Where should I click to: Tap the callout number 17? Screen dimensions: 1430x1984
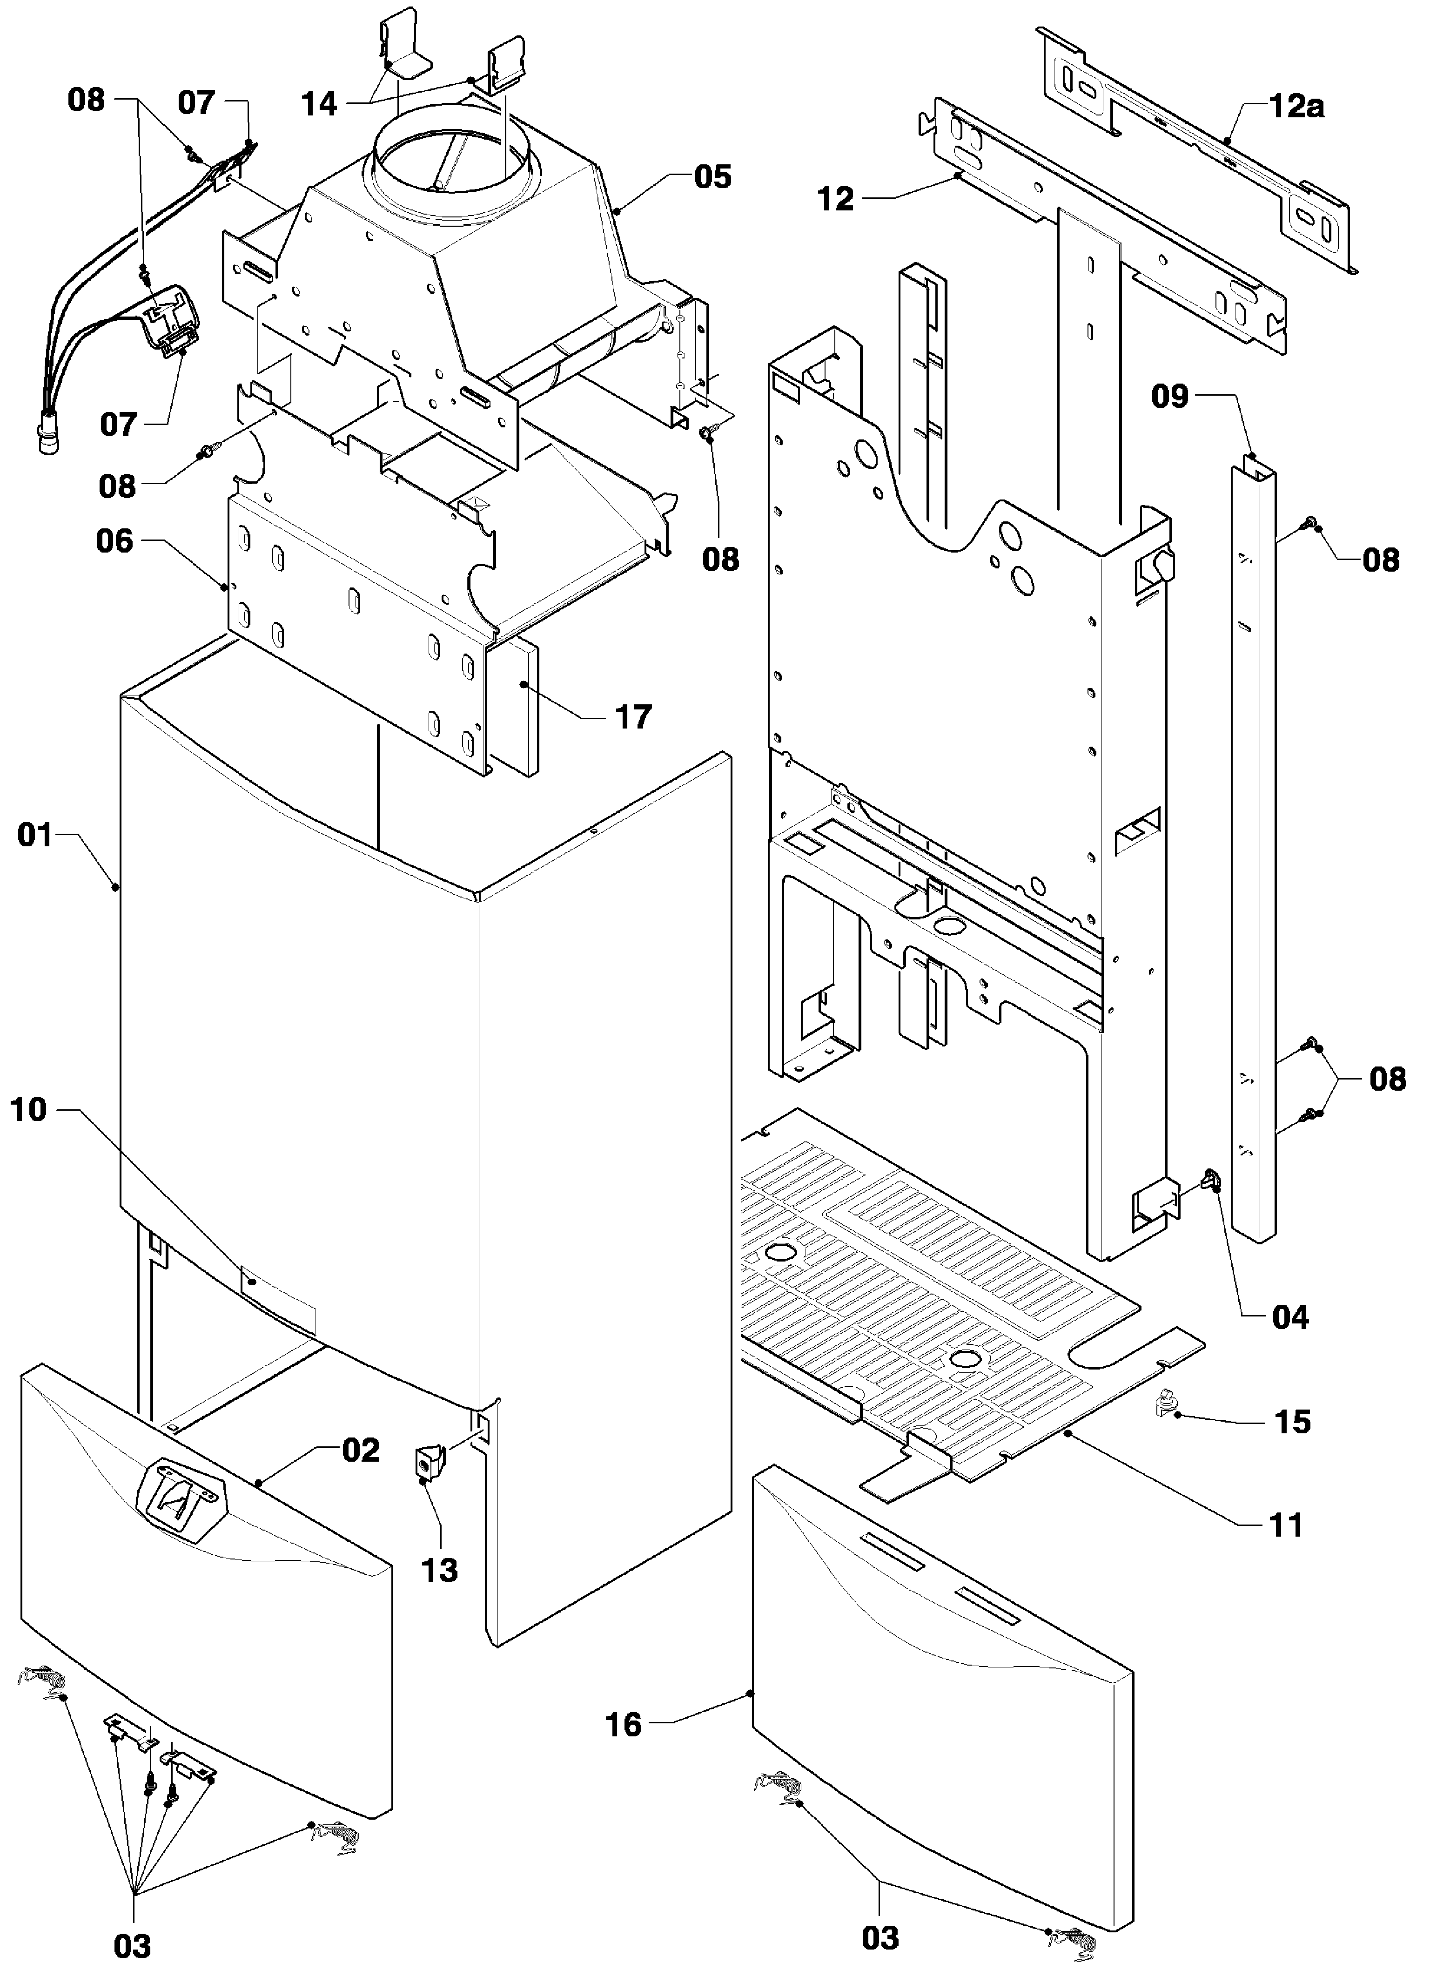click(633, 717)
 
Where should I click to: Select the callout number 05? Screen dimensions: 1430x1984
click(713, 177)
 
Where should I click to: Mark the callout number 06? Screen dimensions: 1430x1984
click(114, 541)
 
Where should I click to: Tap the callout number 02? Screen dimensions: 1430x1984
click(360, 1451)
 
